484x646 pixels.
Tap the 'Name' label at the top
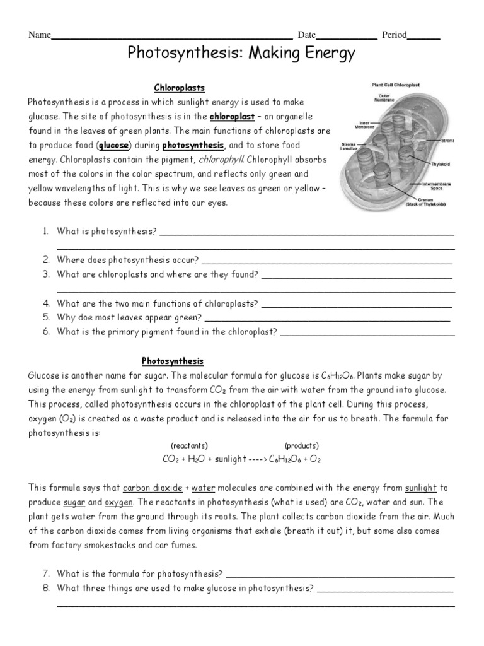click(x=39, y=35)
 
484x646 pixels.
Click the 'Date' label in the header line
click(x=306, y=35)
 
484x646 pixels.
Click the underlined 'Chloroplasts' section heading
click(x=180, y=88)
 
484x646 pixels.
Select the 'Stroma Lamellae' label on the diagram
click(x=350, y=146)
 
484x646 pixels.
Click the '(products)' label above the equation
click(x=301, y=445)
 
